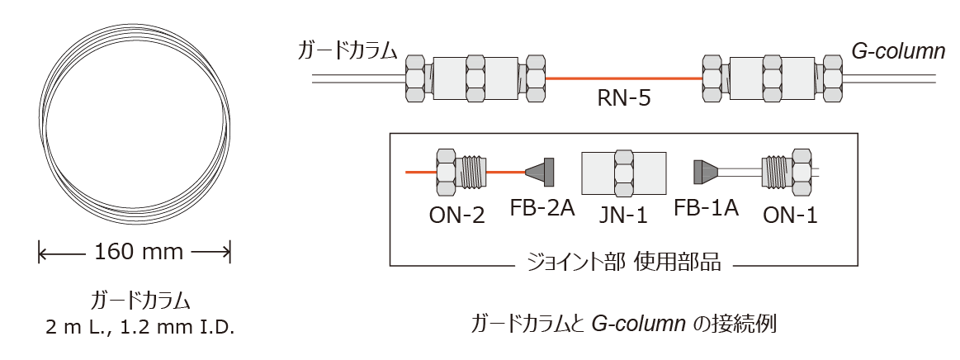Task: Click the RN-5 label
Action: (x=623, y=100)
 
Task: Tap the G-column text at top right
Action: (x=898, y=51)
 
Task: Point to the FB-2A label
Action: (x=541, y=207)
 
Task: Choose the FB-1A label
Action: (x=706, y=207)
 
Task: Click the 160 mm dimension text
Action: (x=134, y=251)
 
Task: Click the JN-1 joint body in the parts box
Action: (x=623, y=173)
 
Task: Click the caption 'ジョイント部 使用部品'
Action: (x=624, y=263)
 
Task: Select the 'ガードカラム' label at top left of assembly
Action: (x=348, y=51)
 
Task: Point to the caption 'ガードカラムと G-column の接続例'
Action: (x=623, y=322)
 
